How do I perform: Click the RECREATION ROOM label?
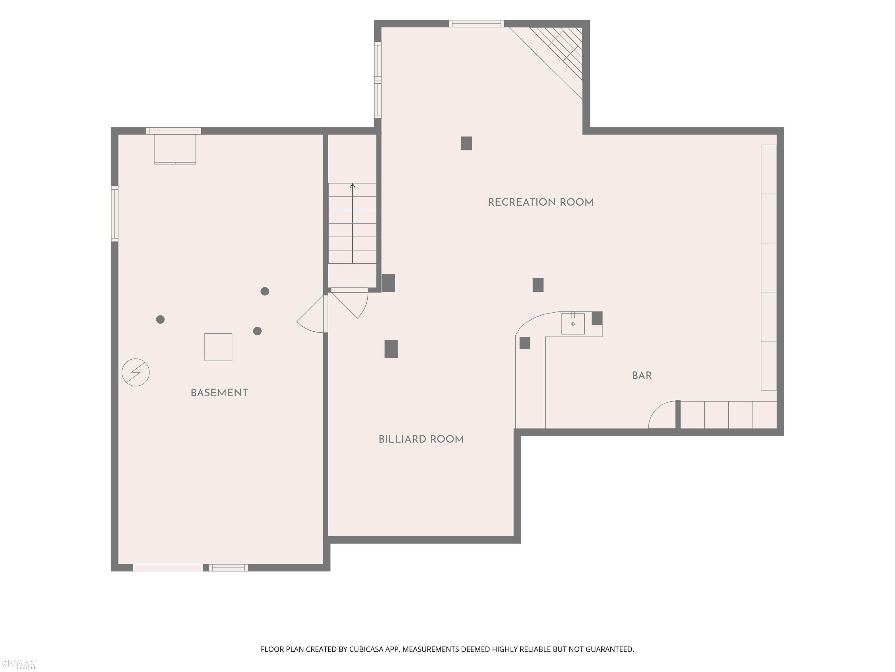[x=540, y=202]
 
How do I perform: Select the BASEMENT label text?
[x=219, y=393]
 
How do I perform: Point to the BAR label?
[x=642, y=375]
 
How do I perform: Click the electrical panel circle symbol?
[x=135, y=372]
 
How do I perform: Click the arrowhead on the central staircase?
[x=353, y=186]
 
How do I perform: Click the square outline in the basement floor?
[x=218, y=347]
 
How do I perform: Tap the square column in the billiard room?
[x=391, y=349]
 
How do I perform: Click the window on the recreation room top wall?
[x=476, y=24]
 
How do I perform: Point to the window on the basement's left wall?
[x=115, y=214]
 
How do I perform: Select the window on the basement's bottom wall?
[x=229, y=568]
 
